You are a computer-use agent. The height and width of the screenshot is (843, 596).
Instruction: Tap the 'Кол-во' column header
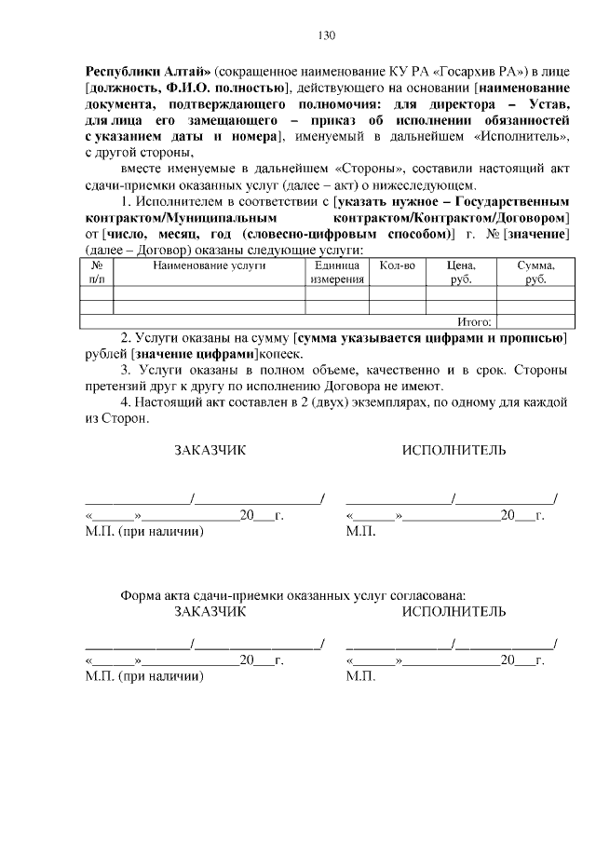398,266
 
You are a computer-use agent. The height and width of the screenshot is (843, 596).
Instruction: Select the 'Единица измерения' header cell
337,273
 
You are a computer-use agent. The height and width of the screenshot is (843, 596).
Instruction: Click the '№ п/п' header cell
97,273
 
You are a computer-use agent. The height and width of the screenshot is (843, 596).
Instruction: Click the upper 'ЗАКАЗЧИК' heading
210,451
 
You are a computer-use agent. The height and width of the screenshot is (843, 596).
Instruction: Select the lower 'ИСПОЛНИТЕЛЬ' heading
454,612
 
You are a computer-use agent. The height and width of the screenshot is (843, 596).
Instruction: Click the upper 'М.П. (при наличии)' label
144,532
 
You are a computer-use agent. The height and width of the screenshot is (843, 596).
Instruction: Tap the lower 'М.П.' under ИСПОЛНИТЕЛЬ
360,677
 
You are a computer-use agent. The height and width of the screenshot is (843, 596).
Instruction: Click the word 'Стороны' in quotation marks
277,170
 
